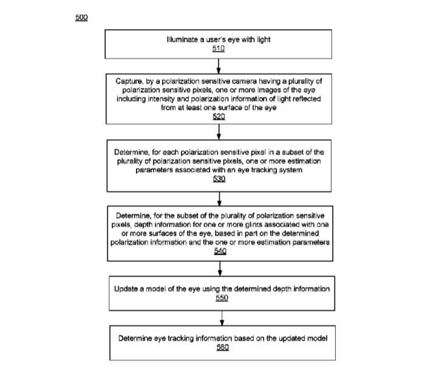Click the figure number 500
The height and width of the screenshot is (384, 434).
point(81,18)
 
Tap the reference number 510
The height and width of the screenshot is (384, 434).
point(219,49)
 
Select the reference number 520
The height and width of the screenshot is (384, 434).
point(219,117)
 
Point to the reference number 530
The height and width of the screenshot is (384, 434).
point(219,179)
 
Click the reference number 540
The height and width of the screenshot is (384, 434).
point(220,251)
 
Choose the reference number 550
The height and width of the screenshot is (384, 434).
point(222,298)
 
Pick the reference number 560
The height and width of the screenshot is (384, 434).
point(223,347)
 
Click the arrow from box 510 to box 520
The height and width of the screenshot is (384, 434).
point(219,66)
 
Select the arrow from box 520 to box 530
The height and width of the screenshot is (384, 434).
point(219,132)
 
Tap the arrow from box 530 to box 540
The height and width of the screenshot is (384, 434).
point(219,199)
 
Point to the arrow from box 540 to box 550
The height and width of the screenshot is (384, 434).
point(220,269)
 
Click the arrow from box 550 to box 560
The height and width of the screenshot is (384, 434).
point(222,318)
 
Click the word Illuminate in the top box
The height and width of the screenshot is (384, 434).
point(183,39)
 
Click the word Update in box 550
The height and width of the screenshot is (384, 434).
point(126,289)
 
